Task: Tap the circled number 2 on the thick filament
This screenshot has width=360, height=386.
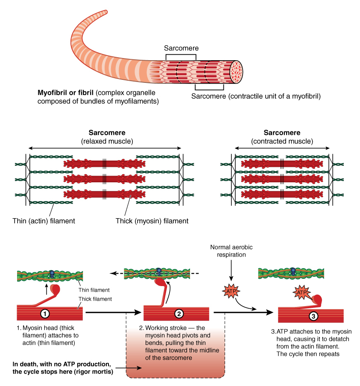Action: pyautogui.click(x=179, y=313)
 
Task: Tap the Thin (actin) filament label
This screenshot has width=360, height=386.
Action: pyautogui.click(x=44, y=221)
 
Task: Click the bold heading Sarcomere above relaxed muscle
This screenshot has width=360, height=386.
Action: pyautogui.click(x=107, y=133)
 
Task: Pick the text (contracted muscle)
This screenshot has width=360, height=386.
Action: pyautogui.click(x=282, y=141)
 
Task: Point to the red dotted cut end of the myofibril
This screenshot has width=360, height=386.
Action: pyautogui.click(x=236, y=71)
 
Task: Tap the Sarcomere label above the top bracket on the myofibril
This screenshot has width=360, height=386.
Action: pyautogui.click(x=181, y=48)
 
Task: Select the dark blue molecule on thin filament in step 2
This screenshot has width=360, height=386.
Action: pyautogui.click(x=159, y=271)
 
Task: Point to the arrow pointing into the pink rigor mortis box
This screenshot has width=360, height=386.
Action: pyautogui.click(x=133, y=368)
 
